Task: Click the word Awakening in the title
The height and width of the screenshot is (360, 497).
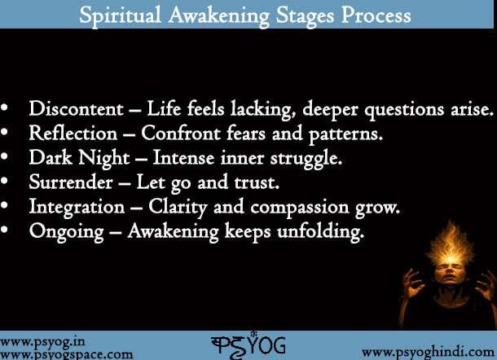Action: pyautogui.click(x=236, y=15)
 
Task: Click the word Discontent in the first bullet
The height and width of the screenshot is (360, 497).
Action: pyautogui.click(x=72, y=110)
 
